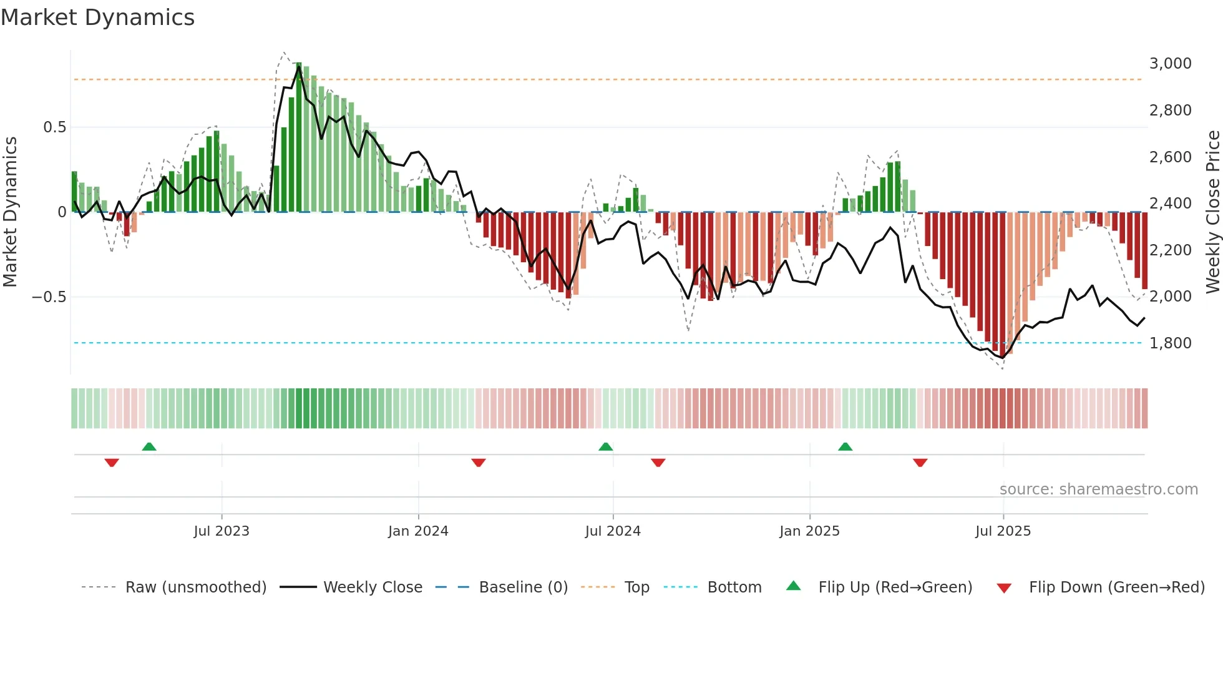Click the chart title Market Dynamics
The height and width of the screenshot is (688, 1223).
(97, 17)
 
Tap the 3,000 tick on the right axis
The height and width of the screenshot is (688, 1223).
(1170, 64)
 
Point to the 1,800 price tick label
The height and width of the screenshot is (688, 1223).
(1170, 343)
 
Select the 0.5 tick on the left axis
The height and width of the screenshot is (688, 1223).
(54, 127)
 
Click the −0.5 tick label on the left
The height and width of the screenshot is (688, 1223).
(49, 297)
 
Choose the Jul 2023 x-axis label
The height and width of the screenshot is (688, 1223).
(221, 531)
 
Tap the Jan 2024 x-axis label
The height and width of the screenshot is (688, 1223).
(418, 531)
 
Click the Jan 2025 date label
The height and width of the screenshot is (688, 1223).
(809, 531)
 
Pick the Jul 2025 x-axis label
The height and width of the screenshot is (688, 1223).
(1003, 531)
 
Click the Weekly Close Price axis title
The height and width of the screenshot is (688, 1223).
(1212, 212)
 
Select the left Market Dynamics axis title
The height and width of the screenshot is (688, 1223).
(10, 212)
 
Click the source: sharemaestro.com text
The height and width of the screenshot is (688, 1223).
(1098, 489)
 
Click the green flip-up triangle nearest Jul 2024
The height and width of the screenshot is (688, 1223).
(605, 447)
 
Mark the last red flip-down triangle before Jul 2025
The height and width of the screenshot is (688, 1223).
(920, 463)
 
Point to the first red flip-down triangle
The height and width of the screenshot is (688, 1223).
(112, 463)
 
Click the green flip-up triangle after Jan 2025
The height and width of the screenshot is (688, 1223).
(845, 447)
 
